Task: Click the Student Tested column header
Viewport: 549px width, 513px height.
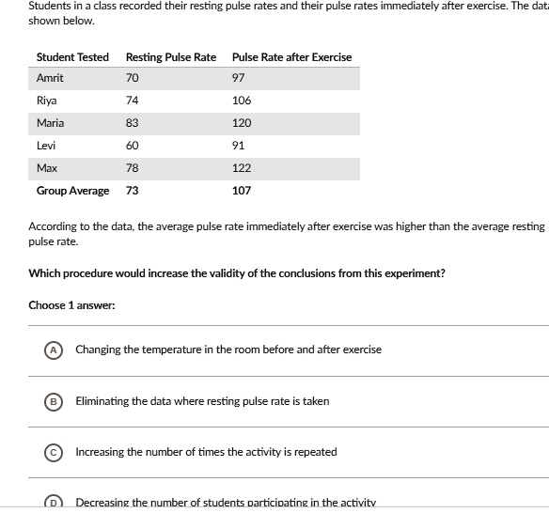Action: point(72,57)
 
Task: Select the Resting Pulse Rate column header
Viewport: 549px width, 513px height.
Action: point(170,57)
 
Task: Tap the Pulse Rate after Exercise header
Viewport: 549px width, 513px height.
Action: point(291,57)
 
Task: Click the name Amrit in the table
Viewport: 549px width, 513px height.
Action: point(50,79)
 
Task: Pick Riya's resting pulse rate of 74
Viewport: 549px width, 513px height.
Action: point(132,101)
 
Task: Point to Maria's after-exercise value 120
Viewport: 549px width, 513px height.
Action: point(242,123)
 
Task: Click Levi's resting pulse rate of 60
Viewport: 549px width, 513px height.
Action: point(132,146)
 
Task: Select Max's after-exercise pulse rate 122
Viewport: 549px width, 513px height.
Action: point(242,168)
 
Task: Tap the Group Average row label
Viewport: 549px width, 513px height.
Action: point(72,191)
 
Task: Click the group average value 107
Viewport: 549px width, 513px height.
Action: point(242,191)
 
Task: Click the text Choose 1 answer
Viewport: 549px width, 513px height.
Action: point(71,305)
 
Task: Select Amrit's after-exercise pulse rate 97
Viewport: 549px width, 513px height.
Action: point(239,79)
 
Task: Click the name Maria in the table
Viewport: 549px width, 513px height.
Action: point(50,123)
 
